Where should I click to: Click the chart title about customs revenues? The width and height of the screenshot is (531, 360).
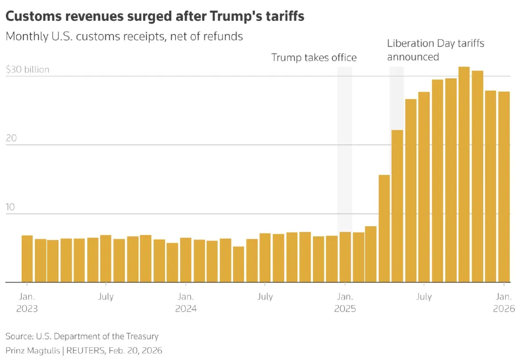[x=154, y=16]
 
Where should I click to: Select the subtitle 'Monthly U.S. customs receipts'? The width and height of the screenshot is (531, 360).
[x=124, y=36]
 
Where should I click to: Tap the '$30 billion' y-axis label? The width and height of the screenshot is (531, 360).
[x=27, y=70]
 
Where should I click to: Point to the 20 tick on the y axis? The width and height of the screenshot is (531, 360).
[x=12, y=138]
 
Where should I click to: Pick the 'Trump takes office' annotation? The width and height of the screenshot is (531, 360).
[x=313, y=58]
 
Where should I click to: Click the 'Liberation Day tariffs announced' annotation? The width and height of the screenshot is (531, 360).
[x=435, y=50]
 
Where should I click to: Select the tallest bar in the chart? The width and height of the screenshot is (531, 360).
[x=464, y=174]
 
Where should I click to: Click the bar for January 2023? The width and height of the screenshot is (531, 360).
[x=27, y=259]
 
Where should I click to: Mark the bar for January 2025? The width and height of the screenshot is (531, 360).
[x=345, y=257]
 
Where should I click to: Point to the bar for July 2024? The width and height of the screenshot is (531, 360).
[x=265, y=258]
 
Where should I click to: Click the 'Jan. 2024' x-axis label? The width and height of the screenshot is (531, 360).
[x=186, y=302]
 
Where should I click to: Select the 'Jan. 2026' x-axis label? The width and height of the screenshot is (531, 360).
[x=504, y=302]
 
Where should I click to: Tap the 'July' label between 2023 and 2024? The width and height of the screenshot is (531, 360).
[x=106, y=297]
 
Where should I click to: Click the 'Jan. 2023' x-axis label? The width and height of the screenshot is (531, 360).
[x=27, y=302]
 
